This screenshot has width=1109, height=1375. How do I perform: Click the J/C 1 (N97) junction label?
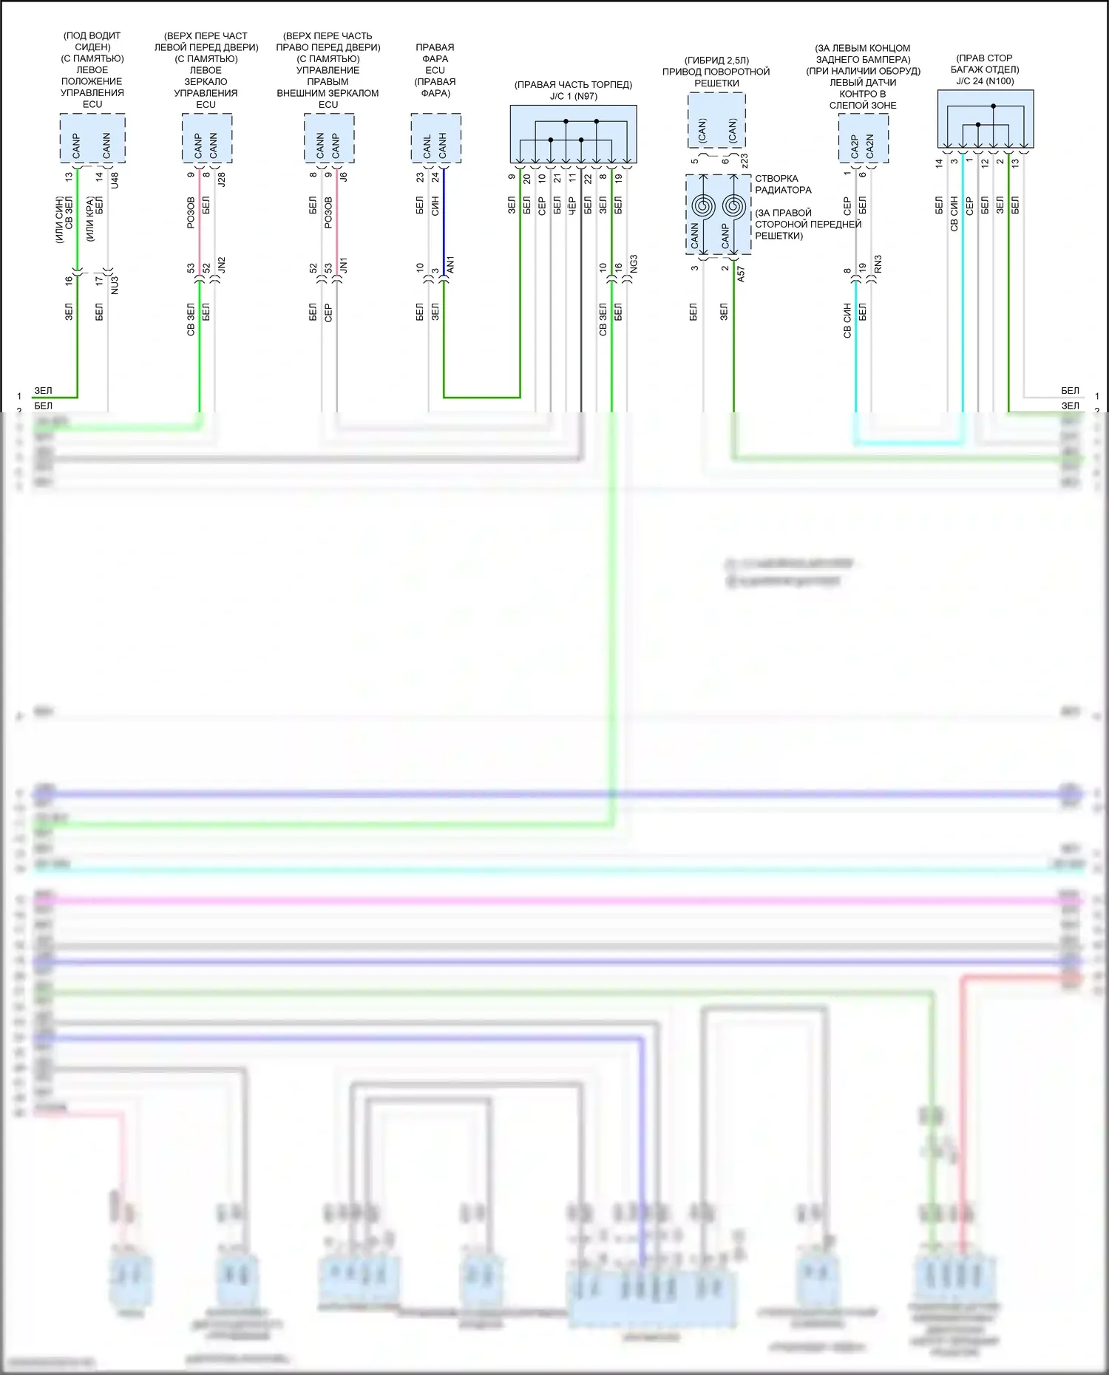(x=573, y=96)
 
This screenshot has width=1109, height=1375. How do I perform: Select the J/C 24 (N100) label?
(x=985, y=81)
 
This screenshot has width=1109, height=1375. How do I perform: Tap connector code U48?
(x=115, y=180)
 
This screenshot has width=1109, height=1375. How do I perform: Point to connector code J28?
(x=222, y=178)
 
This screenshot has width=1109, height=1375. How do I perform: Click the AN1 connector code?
(x=451, y=265)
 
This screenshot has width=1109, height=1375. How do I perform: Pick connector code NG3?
(x=634, y=265)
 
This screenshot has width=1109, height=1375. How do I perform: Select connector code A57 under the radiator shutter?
(x=742, y=273)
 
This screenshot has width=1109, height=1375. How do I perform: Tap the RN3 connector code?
(x=878, y=265)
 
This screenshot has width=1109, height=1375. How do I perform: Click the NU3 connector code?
(x=115, y=285)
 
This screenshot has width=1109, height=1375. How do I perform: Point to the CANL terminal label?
(x=427, y=146)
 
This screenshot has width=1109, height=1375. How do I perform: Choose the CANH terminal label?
(x=443, y=146)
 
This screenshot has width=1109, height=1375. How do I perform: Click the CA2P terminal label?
(x=855, y=146)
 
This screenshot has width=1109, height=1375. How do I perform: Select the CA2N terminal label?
(x=870, y=146)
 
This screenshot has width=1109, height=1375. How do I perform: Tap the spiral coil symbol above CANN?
(x=702, y=207)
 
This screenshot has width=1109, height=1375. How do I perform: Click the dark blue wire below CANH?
(x=444, y=222)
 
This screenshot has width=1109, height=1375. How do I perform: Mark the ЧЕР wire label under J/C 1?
(x=572, y=205)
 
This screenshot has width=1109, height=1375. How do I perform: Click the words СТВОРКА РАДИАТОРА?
(x=782, y=184)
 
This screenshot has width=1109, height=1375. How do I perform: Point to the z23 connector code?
(x=745, y=160)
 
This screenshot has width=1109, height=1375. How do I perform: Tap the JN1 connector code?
(x=344, y=266)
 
